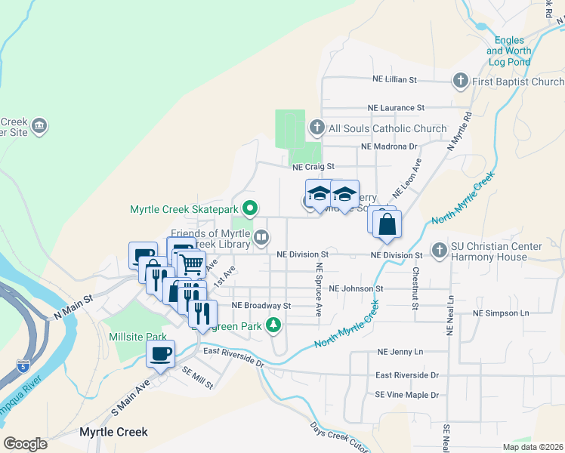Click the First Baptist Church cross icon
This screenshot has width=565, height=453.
coord(460,81)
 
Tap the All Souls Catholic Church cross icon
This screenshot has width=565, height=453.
coord(317,128)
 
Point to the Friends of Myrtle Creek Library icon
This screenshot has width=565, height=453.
coord(261,238)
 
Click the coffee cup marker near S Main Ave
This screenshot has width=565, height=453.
coord(161,353)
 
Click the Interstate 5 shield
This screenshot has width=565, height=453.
coord(23,367)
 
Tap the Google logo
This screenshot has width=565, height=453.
coord(26,443)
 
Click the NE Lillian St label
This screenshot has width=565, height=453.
coord(394,79)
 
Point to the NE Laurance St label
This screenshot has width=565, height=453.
coord(396,108)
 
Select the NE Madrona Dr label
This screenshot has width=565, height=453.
coord(389,146)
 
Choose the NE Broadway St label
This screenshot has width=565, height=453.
coord(261,306)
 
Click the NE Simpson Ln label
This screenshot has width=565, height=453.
coord(501,313)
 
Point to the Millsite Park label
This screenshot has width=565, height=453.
coord(137,337)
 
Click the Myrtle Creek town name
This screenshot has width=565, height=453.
coord(113,433)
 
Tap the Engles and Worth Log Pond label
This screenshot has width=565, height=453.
coord(514,51)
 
